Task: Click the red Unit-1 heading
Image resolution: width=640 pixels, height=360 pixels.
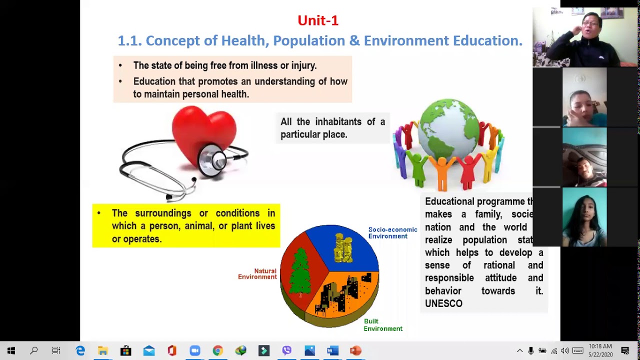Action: pyautogui.click(x=318, y=20)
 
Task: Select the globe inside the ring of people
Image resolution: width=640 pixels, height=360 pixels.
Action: pyautogui.click(x=448, y=132)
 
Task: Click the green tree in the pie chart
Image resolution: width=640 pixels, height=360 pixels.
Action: pyautogui.click(x=299, y=273)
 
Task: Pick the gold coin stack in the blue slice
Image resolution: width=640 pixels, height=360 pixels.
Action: pyautogui.click(x=343, y=248)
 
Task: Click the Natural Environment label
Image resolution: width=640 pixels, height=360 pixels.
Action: pyautogui.click(x=257, y=274)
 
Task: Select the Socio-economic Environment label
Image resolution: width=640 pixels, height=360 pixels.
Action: pyautogui.click(x=392, y=233)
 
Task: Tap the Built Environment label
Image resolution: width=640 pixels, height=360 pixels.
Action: pyautogui.click(x=382, y=325)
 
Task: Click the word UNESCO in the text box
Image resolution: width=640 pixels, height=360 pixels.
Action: pyautogui.click(x=443, y=303)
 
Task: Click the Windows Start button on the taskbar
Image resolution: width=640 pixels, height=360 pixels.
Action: pyautogui.click(x=11, y=351)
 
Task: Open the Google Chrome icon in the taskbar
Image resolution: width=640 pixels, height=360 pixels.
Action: pyautogui.click(x=217, y=351)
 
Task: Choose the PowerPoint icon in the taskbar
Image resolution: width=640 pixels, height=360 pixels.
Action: pyautogui.click(x=355, y=351)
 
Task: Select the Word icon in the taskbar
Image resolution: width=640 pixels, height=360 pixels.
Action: pyautogui.click(x=332, y=351)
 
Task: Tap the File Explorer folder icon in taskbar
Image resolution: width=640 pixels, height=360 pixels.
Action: pyautogui.click(x=103, y=351)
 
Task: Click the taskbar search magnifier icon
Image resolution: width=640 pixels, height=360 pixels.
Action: pyautogui.click(x=34, y=351)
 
